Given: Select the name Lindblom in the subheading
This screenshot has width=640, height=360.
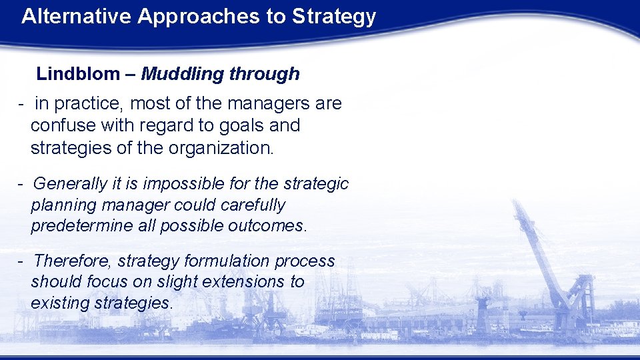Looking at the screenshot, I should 77,74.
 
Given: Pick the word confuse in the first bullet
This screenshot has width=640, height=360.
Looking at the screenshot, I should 59,125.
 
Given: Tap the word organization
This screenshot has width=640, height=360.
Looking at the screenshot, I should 227,147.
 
